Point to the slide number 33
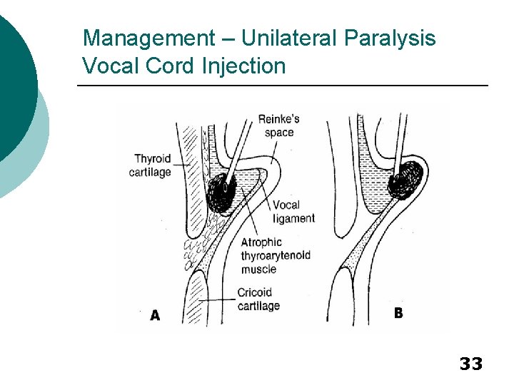point(470,364)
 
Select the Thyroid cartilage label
point(152,165)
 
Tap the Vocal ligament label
point(293,212)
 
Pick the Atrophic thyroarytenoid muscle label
point(277,256)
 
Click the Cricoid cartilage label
point(258,299)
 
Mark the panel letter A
point(155,315)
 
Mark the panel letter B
point(398,313)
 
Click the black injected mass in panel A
point(222,190)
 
